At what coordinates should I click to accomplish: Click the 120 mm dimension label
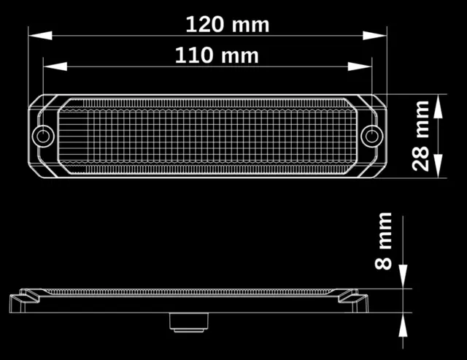[x=228, y=24]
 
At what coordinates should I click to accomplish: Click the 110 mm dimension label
[x=217, y=55]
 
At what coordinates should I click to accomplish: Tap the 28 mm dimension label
[x=420, y=136]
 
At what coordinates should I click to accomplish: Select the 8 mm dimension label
[x=383, y=241]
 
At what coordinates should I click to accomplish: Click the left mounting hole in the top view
[x=43, y=137]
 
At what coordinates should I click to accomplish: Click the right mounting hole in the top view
[x=371, y=137]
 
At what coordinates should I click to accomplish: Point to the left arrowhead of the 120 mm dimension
[x=40, y=36]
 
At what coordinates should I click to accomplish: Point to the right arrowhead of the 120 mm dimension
[x=374, y=36]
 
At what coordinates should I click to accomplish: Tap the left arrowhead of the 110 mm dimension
[x=55, y=66]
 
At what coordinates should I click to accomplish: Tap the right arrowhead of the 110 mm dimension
[x=360, y=66]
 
